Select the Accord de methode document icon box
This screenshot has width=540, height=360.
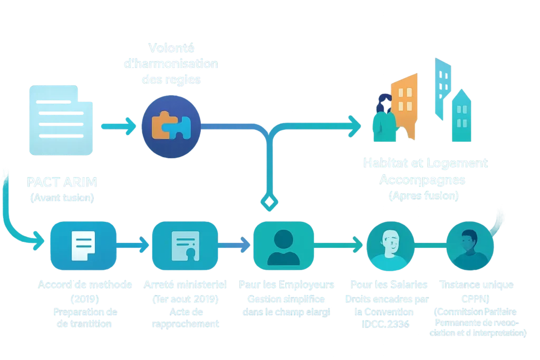pos(83,244)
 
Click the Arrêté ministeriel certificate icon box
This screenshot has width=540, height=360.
pos(185,244)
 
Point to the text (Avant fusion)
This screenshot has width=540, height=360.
pos(63,198)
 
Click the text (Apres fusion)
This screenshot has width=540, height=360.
pos(424,196)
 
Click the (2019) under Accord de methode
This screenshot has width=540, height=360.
pos(84,299)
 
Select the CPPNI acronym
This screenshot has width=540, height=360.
pos(476,299)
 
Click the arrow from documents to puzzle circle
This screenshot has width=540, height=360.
pos(118,126)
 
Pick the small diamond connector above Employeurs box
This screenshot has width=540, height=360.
pos(268,202)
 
